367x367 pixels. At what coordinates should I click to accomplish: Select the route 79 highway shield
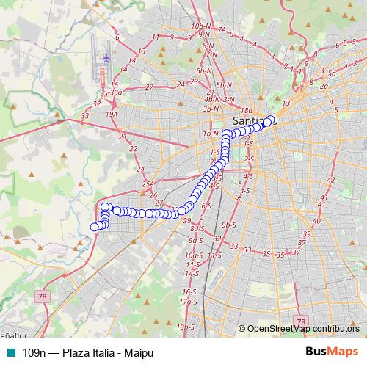point(301,321)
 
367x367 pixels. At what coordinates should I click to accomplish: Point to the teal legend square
point(9,353)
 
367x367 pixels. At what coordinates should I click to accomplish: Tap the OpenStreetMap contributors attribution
point(299,329)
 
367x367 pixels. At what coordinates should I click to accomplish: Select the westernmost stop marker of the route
point(94,227)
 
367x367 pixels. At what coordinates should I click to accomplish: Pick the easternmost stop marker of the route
point(272,120)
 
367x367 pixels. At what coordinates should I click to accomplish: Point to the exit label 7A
point(222,31)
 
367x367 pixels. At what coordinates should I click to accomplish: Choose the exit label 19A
point(112,115)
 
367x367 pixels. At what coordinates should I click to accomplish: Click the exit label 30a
point(116,92)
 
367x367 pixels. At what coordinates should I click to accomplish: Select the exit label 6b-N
point(203,70)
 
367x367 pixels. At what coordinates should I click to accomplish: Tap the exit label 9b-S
point(228,224)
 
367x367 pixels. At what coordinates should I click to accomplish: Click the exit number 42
point(330,180)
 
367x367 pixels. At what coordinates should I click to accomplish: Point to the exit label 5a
point(332,73)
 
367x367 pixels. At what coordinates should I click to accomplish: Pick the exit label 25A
point(149,184)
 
